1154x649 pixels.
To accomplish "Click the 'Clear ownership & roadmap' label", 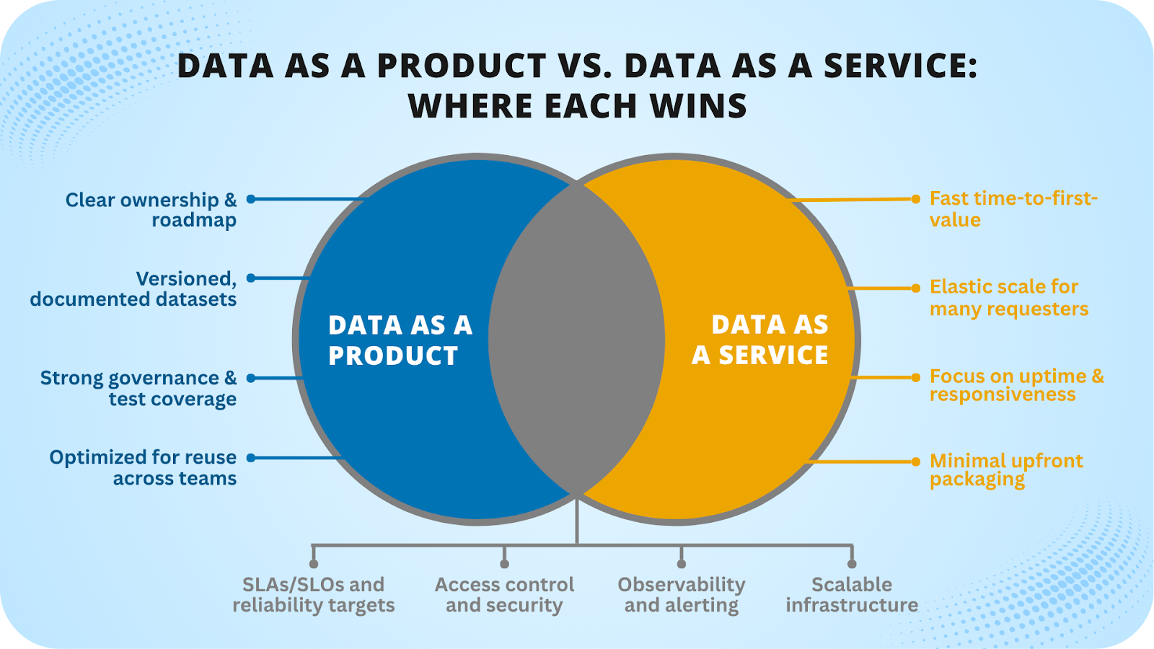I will click(151, 210).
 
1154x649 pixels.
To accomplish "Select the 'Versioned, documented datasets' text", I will click(133, 289).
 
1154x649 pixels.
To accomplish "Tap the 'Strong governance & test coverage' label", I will click(138, 389).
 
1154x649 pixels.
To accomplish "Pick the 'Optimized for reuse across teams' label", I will click(143, 468).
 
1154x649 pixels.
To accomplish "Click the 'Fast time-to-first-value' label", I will click(1013, 209).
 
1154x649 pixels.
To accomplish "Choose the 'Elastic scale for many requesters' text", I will click(1008, 298).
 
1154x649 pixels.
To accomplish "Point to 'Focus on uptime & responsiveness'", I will click(1016, 385).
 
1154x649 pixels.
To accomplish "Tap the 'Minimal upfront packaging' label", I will click(1006, 469).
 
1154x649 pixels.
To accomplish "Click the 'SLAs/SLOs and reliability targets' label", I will click(314, 595).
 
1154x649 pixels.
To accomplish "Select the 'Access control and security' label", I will click(504, 595).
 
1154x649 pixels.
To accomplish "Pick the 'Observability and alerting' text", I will click(682, 595).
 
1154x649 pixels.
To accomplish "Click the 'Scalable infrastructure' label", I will click(852, 595).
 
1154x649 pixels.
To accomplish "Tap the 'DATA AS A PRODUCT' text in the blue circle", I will click(400, 340).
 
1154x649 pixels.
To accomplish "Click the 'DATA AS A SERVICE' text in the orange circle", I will click(760, 340).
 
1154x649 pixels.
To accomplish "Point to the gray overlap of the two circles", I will click(576, 339).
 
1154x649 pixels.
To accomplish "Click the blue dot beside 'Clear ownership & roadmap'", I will click(251, 199).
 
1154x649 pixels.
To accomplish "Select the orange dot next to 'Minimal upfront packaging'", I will click(916, 462).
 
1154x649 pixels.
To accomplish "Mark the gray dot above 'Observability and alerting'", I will click(682, 564).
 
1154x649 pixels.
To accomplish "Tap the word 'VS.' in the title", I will click(584, 66).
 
